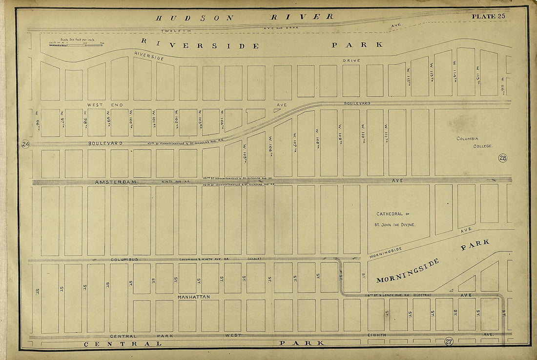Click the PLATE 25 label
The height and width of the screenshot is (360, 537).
488,17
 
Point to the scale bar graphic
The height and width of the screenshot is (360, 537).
76,44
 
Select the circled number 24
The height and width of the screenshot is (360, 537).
25,144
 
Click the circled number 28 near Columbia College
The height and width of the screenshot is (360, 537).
503,158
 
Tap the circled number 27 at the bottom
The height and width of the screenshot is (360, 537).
448,341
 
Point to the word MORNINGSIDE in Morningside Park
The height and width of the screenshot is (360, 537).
408,271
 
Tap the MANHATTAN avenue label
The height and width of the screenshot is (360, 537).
194,297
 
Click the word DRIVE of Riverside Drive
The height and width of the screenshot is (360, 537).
351,60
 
